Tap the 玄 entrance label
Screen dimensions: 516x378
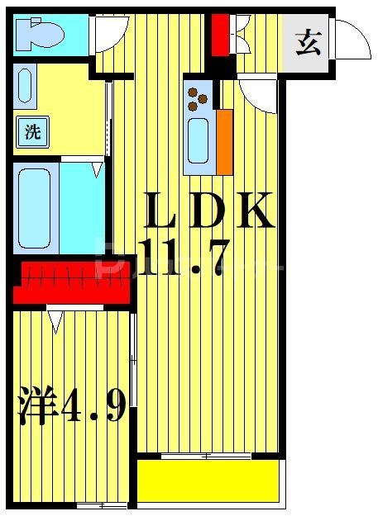(x=309, y=41)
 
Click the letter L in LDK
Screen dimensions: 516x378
(x=162, y=212)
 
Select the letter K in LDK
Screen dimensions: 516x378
(x=252, y=212)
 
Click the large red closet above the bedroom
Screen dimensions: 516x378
(x=73, y=281)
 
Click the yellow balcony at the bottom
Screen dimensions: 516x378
(x=207, y=480)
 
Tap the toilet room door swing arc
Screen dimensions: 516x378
(x=108, y=33)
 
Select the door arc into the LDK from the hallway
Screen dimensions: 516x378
(x=259, y=92)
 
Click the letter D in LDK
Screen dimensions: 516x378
(x=207, y=212)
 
